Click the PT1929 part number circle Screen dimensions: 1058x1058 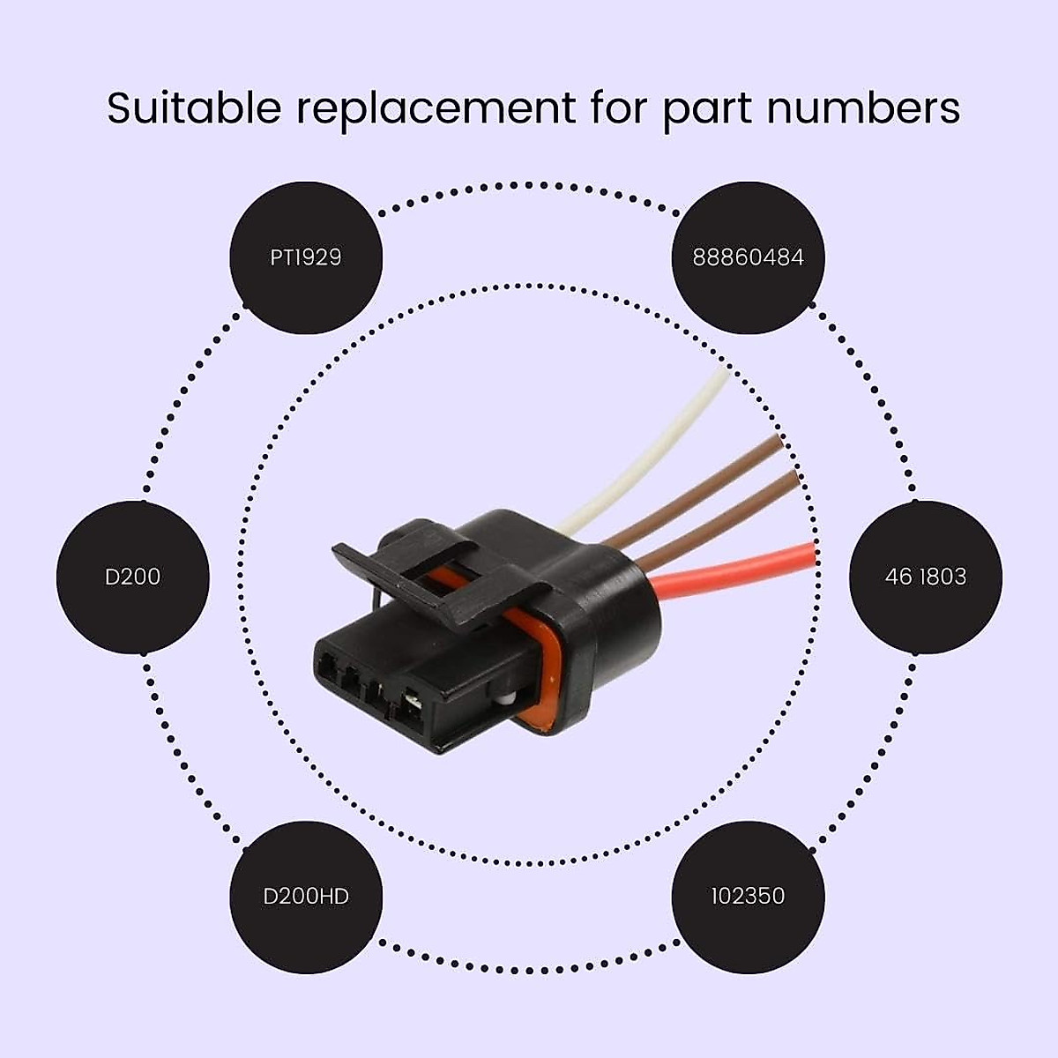[306, 257]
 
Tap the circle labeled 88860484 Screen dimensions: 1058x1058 [748, 257]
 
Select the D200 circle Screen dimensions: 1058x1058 [133, 577]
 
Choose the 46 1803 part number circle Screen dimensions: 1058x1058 [925, 577]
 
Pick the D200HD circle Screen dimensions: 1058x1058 [306, 897]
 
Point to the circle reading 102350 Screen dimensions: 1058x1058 [748, 897]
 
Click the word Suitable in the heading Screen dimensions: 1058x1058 [195, 108]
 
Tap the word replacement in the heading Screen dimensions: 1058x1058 [436, 108]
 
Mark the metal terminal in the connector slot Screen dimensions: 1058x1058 [411, 704]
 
